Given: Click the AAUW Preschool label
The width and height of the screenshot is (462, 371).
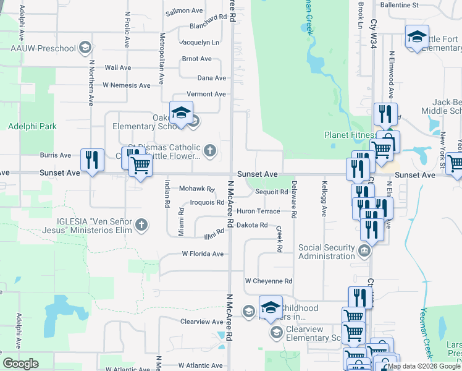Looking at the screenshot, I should pyautogui.click(x=43, y=48).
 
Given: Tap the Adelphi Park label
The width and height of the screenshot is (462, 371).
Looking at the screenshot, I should pyautogui.click(x=32, y=126).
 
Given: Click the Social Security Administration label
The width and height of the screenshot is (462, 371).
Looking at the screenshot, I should pyautogui.click(x=327, y=252).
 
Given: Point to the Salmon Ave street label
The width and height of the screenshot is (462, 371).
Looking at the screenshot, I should pyautogui.click(x=184, y=11).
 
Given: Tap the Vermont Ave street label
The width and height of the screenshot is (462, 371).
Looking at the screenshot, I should pyautogui.click(x=206, y=94).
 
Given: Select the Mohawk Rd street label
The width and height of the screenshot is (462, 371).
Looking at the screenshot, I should pyautogui.click(x=196, y=189).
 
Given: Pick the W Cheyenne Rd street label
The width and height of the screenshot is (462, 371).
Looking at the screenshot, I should pyautogui.click(x=268, y=281).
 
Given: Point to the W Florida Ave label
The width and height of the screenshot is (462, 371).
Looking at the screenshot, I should pyautogui.click(x=202, y=254).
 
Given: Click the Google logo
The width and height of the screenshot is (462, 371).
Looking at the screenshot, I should pyautogui.click(x=20, y=364).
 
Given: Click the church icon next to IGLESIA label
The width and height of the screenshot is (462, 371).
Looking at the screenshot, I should pyautogui.click(x=142, y=224).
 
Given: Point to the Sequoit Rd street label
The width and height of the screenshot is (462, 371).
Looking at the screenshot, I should pyautogui.click(x=272, y=192).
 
